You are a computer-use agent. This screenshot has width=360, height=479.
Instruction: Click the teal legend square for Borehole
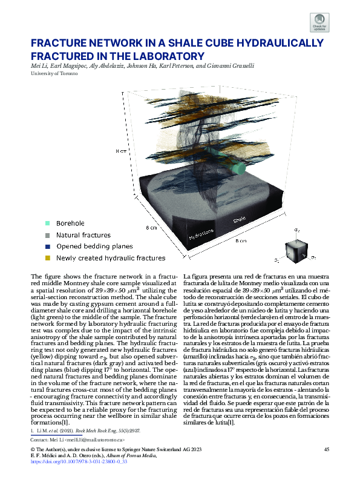click(x=47, y=223)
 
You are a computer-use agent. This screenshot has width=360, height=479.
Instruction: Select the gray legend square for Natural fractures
click(x=47, y=235)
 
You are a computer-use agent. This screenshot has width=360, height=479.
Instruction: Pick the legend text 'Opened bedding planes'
click(x=94, y=246)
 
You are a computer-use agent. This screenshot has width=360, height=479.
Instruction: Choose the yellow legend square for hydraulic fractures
click(x=47, y=258)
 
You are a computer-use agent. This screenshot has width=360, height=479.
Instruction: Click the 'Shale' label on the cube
click(x=240, y=220)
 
